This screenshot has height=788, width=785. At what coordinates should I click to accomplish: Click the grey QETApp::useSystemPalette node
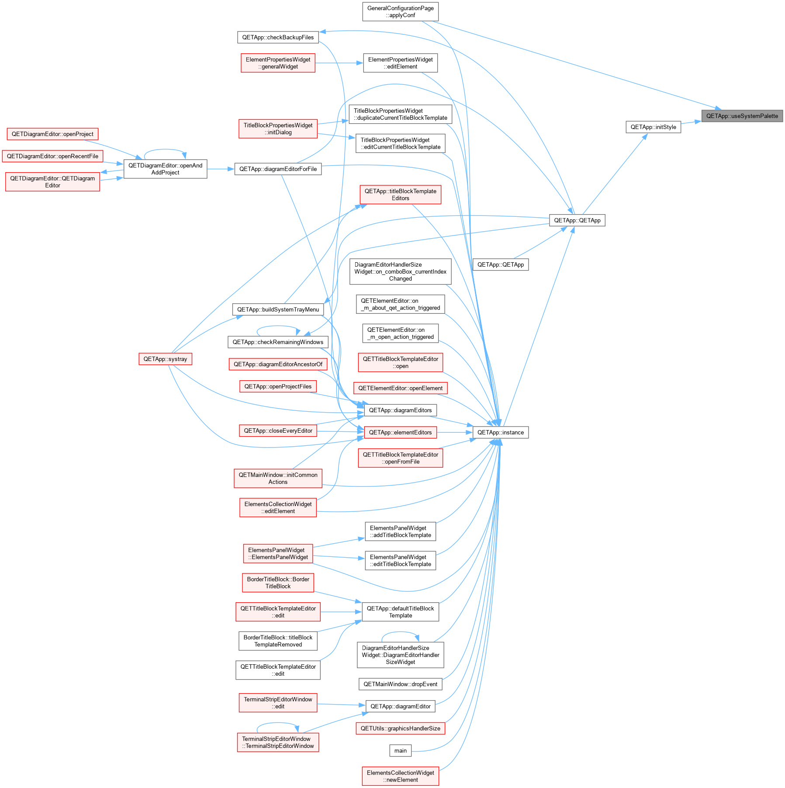[x=742, y=116]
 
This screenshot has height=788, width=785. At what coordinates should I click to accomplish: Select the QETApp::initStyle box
[x=653, y=127]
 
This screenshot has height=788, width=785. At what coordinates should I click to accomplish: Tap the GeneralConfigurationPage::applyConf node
[x=400, y=12]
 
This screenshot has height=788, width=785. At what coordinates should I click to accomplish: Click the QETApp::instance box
[x=500, y=432]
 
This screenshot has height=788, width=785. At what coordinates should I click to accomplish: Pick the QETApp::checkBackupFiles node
[x=278, y=37]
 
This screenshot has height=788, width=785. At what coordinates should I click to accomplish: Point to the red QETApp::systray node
[x=165, y=359]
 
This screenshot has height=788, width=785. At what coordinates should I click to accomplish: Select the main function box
[x=400, y=750]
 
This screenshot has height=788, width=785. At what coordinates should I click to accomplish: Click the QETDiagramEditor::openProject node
[x=52, y=134]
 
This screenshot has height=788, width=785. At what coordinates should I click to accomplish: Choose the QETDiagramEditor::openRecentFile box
[x=52, y=156]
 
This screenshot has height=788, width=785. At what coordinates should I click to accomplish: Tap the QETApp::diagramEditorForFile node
[x=278, y=169]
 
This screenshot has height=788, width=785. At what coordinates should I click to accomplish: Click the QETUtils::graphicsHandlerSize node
[x=400, y=728]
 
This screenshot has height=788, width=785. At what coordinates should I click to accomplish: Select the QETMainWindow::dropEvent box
[x=400, y=684]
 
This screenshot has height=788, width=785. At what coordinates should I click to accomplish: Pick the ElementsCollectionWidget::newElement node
[x=400, y=776]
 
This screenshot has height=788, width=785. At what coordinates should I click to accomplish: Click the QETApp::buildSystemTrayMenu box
[x=278, y=309]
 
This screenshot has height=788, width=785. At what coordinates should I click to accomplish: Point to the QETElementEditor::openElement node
[x=400, y=388]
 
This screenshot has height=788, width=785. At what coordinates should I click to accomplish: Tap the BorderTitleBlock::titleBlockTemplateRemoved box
[x=278, y=641]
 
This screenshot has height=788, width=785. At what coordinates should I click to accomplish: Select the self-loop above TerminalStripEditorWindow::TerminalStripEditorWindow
[x=278, y=724]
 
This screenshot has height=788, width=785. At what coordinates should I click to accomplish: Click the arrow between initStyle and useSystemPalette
[x=691, y=122]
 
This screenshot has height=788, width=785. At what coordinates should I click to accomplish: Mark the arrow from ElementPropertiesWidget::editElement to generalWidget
[x=339, y=63]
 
